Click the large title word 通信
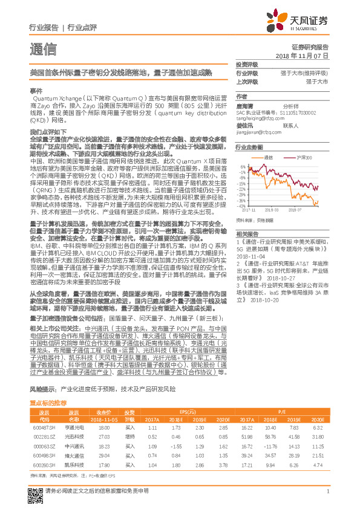tap(42, 49)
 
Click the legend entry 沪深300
tap(304, 157)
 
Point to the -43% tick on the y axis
tap(241, 206)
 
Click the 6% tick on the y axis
tap(243, 166)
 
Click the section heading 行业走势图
tap(249, 147)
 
